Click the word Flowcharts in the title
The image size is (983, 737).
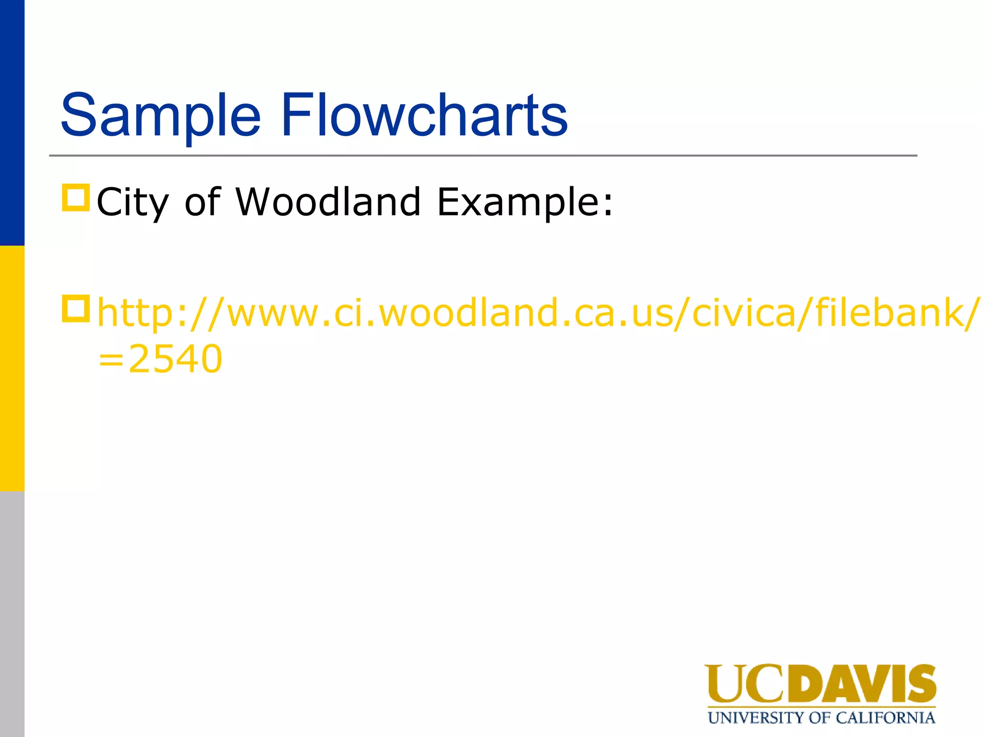424,115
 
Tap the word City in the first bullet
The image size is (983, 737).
132,202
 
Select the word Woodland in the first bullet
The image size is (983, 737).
328,201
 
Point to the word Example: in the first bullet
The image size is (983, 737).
525,202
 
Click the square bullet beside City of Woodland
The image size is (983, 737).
76,198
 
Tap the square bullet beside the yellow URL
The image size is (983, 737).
76,309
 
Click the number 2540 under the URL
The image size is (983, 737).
175,359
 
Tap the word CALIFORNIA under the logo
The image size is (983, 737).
885,718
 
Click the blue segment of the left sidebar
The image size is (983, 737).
12,123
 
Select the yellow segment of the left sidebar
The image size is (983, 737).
12,368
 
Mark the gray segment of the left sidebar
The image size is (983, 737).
12,614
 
